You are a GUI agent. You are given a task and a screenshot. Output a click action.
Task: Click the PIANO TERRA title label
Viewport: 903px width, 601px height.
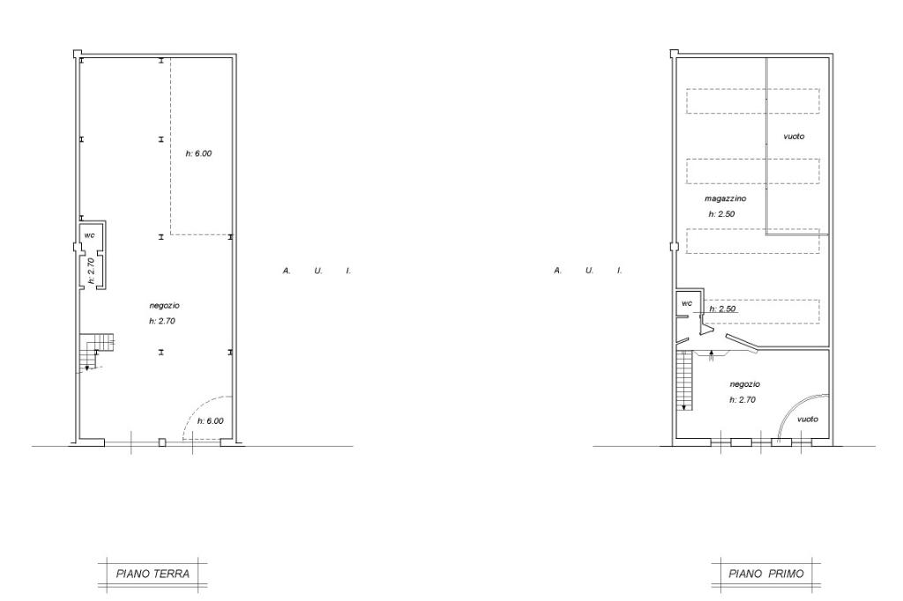(x=153, y=574)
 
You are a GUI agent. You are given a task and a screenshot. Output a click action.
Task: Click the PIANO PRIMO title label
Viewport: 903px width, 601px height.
(x=766, y=574)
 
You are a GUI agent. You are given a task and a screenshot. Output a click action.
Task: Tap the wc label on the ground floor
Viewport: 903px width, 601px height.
(x=89, y=235)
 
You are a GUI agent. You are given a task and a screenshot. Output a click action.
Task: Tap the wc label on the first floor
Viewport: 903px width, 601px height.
(x=687, y=303)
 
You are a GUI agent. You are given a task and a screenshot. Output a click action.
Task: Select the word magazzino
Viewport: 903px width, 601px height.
(x=725, y=198)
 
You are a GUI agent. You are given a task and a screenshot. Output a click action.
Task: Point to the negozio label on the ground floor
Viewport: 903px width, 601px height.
(x=165, y=306)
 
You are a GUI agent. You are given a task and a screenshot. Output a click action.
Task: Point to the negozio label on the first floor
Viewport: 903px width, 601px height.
(x=744, y=384)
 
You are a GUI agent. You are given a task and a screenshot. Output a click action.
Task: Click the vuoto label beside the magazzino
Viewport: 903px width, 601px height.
(x=794, y=137)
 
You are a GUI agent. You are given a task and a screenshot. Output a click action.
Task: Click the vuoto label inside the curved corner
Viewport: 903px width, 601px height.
(x=808, y=419)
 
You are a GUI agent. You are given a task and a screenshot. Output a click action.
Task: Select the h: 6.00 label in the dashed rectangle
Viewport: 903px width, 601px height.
(x=198, y=153)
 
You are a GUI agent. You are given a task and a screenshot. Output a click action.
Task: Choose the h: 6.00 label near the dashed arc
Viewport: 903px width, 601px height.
(x=210, y=421)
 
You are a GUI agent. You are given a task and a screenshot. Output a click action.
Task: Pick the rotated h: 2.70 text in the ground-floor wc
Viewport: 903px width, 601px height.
(x=91, y=271)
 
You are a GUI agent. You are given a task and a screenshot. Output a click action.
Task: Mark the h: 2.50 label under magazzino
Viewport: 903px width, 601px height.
(x=721, y=214)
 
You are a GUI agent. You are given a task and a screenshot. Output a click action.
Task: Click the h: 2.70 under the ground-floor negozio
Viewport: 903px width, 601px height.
(x=162, y=322)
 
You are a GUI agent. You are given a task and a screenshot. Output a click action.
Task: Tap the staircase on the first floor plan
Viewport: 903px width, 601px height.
(x=684, y=380)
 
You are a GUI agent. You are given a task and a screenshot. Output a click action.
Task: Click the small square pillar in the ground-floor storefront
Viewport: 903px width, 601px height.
(x=162, y=442)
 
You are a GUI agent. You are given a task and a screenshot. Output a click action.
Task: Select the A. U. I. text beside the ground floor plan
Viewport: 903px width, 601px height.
(x=317, y=271)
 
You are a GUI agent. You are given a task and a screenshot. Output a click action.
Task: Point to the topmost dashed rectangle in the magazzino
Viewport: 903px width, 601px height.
(x=753, y=100)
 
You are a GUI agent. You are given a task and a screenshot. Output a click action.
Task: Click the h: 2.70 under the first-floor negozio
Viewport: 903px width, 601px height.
(x=743, y=399)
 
